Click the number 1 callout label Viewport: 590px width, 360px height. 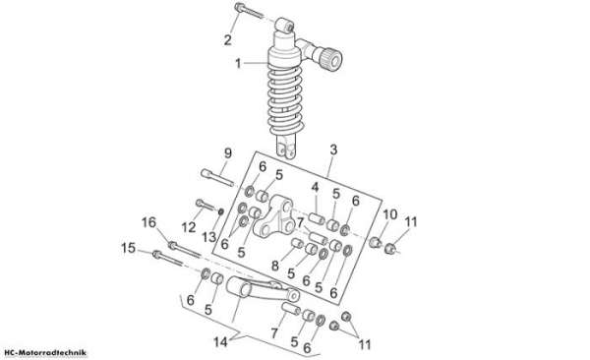(x=238, y=63)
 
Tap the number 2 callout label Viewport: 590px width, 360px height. (x=228, y=39)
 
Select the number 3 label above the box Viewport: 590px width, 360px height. (x=333, y=150)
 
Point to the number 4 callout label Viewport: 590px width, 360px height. (x=315, y=187)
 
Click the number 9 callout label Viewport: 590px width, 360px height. (x=228, y=153)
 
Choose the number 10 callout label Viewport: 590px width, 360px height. (x=389, y=214)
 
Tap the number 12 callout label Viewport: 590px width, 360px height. (x=189, y=227)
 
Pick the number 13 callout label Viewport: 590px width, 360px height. (x=209, y=237)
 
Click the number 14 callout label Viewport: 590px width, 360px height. (x=220, y=342)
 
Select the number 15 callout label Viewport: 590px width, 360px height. (x=128, y=248)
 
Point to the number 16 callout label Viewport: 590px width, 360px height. (x=148, y=222)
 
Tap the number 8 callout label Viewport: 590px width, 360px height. (x=275, y=266)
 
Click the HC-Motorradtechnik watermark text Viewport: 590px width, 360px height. (x=43, y=353)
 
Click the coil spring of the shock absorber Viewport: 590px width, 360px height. (x=285, y=99)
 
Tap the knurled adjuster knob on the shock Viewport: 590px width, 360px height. (x=330, y=59)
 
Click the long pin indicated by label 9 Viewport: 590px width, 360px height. (x=217, y=178)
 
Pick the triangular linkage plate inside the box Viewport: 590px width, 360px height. (x=273, y=216)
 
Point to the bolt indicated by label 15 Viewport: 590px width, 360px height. (x=168, y=259)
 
